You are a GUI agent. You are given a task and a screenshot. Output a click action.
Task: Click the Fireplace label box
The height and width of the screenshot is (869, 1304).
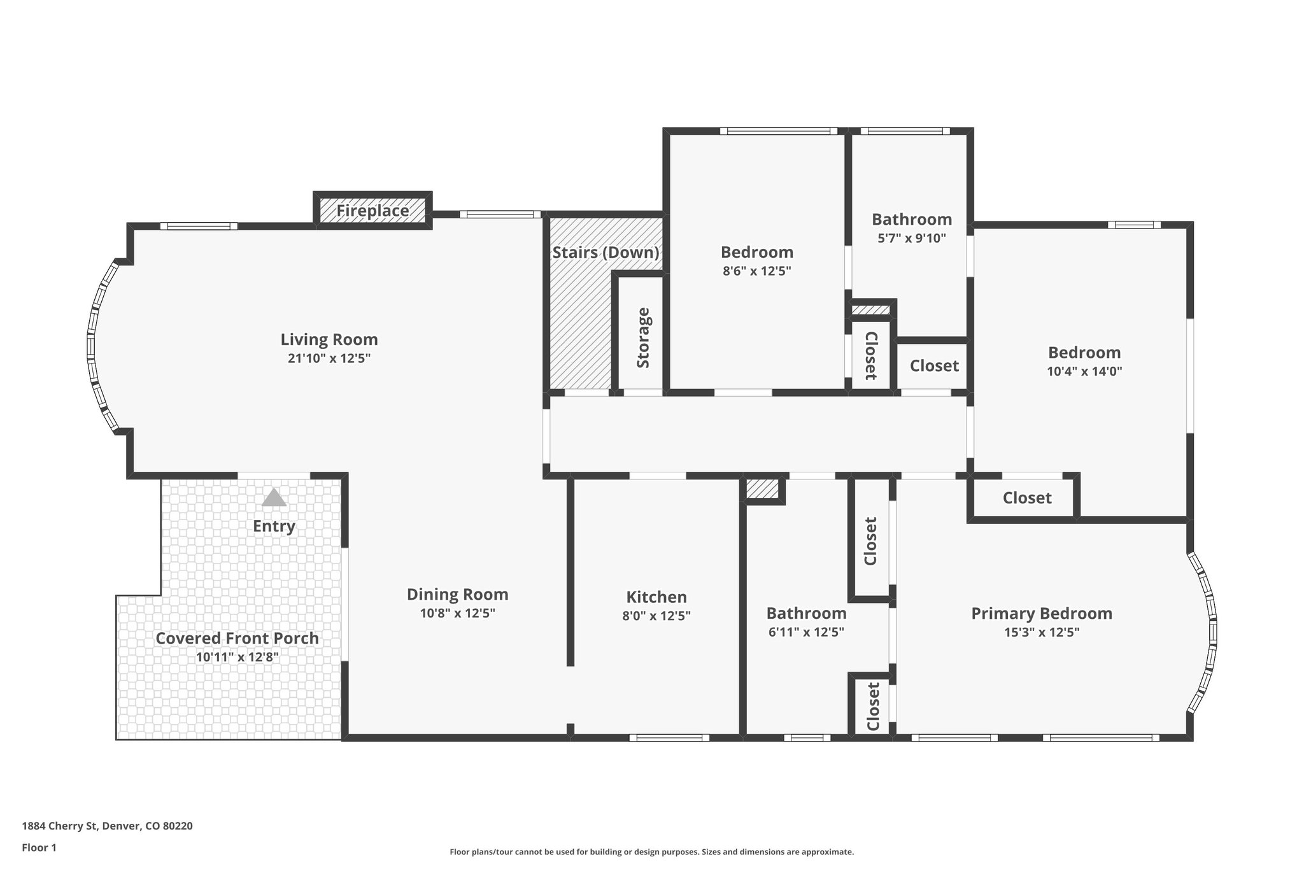pyautogui.click(x=372, y=211)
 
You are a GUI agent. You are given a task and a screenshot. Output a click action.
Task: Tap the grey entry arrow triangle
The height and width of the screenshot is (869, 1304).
pyautogui.click(x=274, y=498)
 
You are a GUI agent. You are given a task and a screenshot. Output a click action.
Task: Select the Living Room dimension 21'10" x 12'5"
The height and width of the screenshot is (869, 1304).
pyautogui.click(x=329, y=358)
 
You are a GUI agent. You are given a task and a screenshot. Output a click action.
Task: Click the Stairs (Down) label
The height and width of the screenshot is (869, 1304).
pyautogui.click(x=606, y=252)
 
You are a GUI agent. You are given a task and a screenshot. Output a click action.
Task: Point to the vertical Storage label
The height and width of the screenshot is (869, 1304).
pyautogui.click(x=643, y=338)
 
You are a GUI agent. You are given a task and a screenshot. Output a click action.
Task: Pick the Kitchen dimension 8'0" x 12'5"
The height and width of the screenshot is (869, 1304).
pyautogui.click(x=656, y=616)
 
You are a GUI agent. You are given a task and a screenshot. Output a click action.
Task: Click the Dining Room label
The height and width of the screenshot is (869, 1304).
pyautogui.click(x=457, y=595)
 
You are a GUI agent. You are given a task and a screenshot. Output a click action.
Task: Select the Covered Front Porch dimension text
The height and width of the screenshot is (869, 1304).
pyautogui.click(x=237, y=657)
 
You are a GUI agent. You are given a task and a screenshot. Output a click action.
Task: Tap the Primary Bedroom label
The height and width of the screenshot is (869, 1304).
pyautogui.click(x=1041, y=614)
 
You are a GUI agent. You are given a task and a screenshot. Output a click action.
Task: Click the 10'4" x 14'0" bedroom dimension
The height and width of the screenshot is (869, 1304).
pyautogui.click(x=1084, y=371)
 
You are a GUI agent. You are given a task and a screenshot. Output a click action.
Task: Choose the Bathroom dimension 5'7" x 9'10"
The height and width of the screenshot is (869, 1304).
pyautogui.click(x=911, y=238)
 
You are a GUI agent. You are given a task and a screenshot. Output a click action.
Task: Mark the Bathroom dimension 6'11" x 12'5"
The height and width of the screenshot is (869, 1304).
pyautogui.click(x=806, y=632)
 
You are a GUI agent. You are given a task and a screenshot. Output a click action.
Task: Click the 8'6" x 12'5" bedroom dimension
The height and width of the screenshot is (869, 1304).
pyautogui.click(x=756, y=271)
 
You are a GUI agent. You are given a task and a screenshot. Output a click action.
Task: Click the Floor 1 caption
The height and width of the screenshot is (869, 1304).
pyautogui.click(x=39, y=847)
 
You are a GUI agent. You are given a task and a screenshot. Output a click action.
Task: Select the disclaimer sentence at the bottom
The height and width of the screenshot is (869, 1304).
pyautogui.click(x=651, y=852)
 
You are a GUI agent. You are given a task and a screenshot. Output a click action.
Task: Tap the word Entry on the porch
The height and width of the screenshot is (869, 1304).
pyautogui.click(x=274, y=526)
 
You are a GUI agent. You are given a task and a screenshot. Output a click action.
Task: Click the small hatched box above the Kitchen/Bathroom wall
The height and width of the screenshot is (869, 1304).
pyautogui.click(x=762, y=489)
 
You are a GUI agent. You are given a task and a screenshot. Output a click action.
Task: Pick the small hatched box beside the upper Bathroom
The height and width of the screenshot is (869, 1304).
pyautogui.click(x=870, y=310)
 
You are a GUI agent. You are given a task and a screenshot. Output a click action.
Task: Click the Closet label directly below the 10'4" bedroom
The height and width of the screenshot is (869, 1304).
pyautogui.click(x=1026, y=498)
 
